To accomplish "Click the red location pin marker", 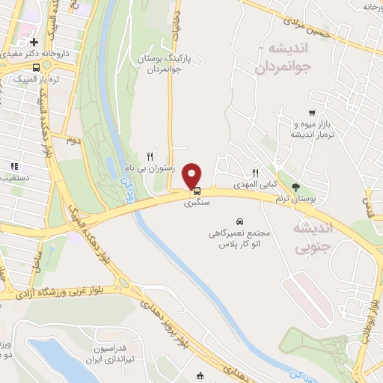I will pyautogui.click(x=193, y=175).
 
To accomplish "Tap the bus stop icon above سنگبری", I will pyautogui.click(x=197, y=190).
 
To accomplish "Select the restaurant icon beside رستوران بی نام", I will pyautogui.click(x=150, y=156).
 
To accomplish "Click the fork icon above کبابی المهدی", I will pyautogui.click(x=256, y=173).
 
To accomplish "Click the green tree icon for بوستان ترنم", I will pyautogui.click(x=296, y=186).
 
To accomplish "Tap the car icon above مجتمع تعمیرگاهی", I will pyautogui.click(x=239, y=221).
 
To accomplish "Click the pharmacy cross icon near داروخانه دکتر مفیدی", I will pyautogui.click(x=34, y=43).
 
